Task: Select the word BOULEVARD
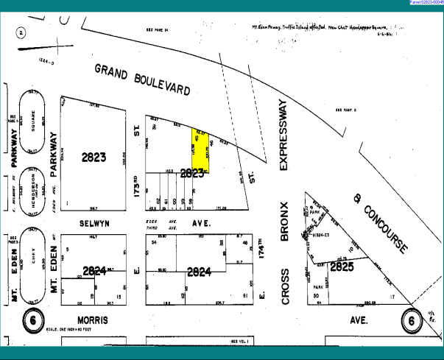click(x=163, y=84)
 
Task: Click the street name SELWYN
click(x=94, y=222)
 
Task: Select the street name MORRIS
click(x=93, y=321)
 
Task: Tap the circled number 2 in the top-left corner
click(x=22, y=33)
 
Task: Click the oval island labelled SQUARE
click(x=32, y=121)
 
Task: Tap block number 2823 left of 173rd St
click(x=94, y=157)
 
